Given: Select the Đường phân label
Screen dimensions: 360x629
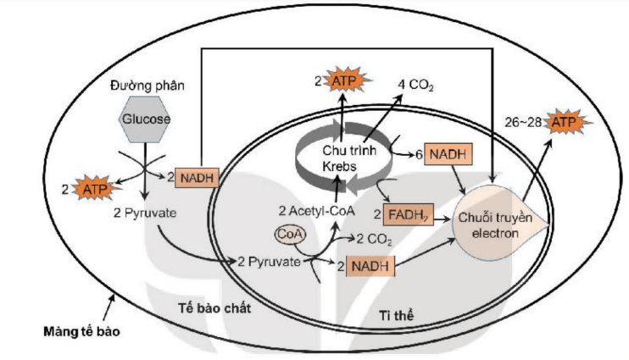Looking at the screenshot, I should click(x=142, y=87).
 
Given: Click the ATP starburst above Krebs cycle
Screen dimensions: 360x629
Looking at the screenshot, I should click(x=342, y=81).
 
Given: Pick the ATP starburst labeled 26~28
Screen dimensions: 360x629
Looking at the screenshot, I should click(x=562, y=125).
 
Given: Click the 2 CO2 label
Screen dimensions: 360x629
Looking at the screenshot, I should click(x=374, y=239).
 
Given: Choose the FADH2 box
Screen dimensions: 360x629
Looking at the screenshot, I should click(x=408, y=214).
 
